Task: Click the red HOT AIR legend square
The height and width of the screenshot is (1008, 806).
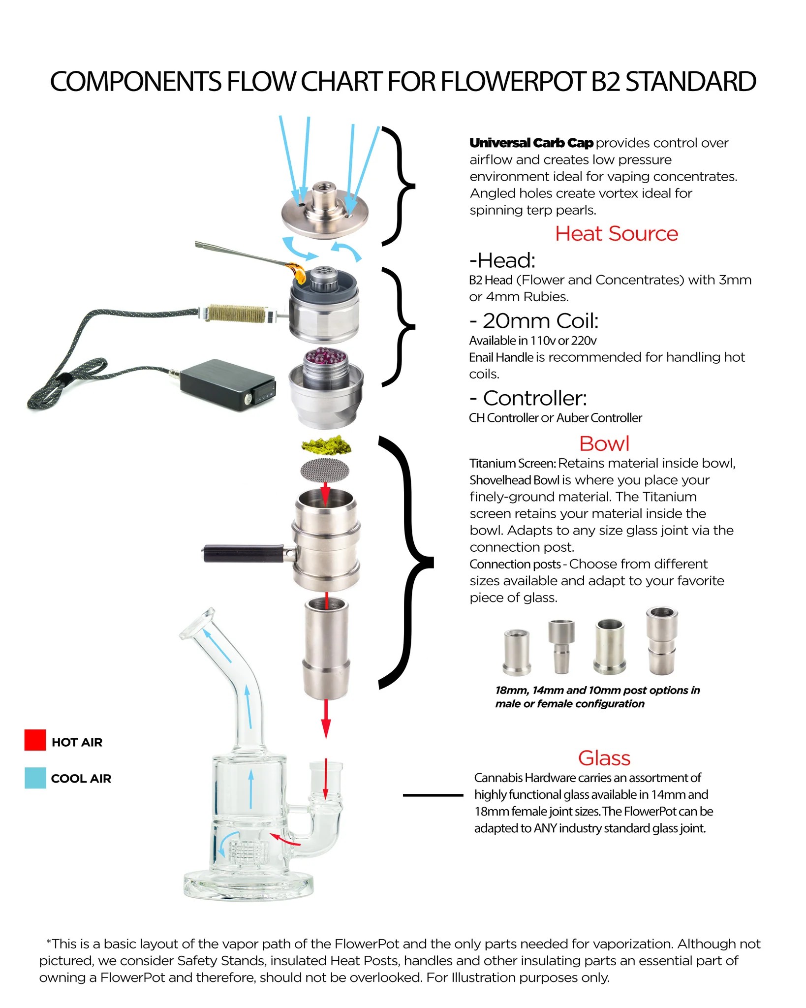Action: point(35,740)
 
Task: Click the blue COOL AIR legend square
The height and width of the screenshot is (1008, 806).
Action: point(35,778)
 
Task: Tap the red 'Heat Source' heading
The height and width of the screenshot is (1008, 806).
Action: point(616,234)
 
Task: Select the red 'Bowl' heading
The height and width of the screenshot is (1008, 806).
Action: point(604,443)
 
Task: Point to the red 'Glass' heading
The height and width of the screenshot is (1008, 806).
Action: point(604,758)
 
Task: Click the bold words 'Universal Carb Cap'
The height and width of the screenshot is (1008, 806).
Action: point(531,143)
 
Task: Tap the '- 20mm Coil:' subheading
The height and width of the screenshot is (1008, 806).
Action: point(534,321)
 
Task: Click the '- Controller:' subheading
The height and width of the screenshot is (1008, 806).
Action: point(528,398)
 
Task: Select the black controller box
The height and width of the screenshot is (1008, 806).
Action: point(227,385)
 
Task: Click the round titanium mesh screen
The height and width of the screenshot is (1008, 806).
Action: point(325,469)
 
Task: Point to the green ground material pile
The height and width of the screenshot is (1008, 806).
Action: point(326,444)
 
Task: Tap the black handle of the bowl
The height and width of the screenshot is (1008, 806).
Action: point(244,553)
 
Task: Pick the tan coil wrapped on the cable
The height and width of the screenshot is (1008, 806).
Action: point(235,313)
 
